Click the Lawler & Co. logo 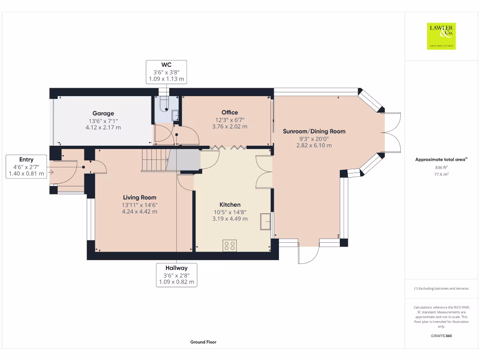(x=441, y=36)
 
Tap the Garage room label (x=103, y=113)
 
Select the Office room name (x=230, y=112)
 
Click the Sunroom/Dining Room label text (x=314, y=131)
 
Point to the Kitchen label (x=230, y=204)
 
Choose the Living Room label (x=140, y=197)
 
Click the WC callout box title (x=166, y=65)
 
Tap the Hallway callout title (x=177, y=268)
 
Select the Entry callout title (x=26, y=159)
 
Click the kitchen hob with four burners (x=230, y=246)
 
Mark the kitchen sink (x=265, y=221)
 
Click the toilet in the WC (x=165, y=105)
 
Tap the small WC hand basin (x=175, y=115)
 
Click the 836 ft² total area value (x=441, y=167)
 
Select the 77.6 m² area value (x=441, y=174)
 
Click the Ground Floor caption (x=203, y=342)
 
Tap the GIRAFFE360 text (x=441, y=336)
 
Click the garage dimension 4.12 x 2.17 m (x=103, y=127)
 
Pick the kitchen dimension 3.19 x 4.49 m (x=230, y=218)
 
